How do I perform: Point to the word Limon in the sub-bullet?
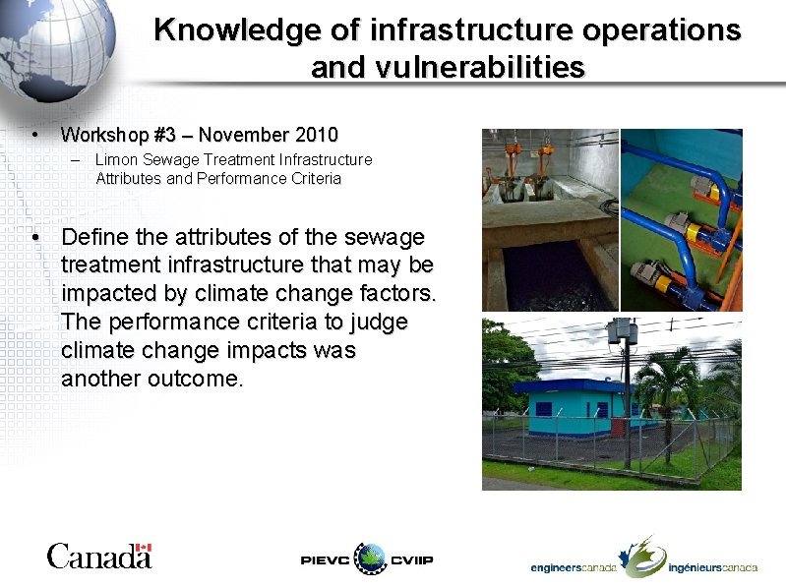pos(114,159)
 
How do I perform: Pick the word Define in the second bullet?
pos(95,237)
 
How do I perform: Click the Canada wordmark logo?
pos(98,557)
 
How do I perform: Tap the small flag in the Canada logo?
pos(144,548)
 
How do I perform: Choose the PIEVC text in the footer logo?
pos(325,560)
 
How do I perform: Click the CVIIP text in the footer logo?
pos(412,560)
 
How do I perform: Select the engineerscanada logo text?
pos(574,567)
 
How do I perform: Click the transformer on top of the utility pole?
pos(623,334)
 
